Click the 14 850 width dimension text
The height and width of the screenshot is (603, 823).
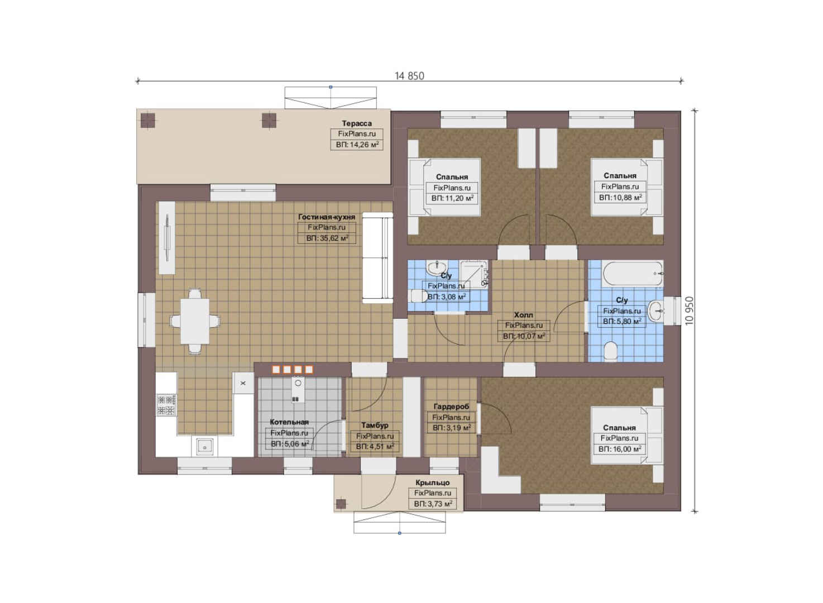click(x=409, y=76)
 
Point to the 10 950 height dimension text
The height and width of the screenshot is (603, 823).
click(x=689, y=310)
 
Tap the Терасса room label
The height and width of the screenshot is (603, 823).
click(x=357, y=123)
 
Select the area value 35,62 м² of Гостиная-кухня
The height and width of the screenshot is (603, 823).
click(x=327, y=238)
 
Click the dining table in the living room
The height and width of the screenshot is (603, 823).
click(x=195, y=321)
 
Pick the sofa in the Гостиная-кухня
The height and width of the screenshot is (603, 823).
click(x=377, y=258)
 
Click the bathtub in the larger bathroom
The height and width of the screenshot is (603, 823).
click(x=632, y=274)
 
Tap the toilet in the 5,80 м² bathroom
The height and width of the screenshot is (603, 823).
click(x=610, y=352)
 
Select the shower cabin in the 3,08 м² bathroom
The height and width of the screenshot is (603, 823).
click(x=473, y=274)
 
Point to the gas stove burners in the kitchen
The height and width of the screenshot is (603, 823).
click(x=166, y=405)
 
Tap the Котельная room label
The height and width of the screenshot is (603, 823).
click(x=289, y=422)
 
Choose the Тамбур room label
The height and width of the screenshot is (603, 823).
click(x=375, y=425)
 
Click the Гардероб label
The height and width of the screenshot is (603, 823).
click(x=451, y=406)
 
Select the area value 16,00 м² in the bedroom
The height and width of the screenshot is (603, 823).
click(x=620, y=449)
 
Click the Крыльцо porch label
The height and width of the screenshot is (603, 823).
click(x=433, y=482)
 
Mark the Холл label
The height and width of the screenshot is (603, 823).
click(x=523, y=315)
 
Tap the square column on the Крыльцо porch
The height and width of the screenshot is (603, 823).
click(x=341, y=504)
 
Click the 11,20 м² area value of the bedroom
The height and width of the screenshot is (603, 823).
click(x=452, y=198)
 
